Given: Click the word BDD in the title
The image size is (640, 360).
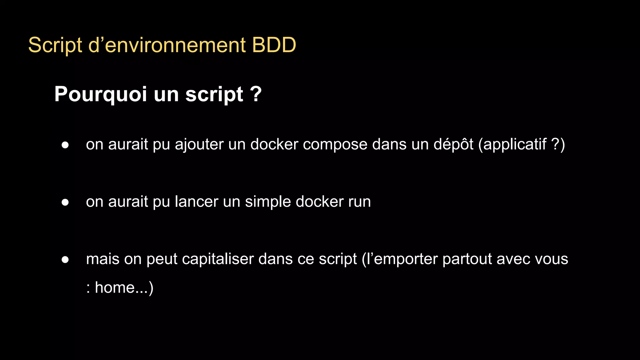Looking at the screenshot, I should (x=274, y=45).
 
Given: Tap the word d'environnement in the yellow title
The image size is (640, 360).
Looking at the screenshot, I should (x=167, y=45).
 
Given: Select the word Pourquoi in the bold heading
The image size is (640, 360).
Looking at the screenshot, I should (x=100, y=94).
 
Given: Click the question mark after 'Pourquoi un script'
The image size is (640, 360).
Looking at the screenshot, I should (x=256, y=94).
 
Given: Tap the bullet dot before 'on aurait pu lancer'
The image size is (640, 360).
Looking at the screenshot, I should (x=65, y=202).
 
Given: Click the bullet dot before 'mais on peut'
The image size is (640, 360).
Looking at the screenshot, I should (x=65, y=259).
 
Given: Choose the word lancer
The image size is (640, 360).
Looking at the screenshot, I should (x=196, y=202).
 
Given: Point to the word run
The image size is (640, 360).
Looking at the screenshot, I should (x=359, y=202).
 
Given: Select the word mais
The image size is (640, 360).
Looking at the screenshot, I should (x=102, y=259).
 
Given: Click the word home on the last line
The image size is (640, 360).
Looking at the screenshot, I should (x=114, y=287).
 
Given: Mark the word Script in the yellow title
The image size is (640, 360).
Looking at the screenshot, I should (x=55, y=45).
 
